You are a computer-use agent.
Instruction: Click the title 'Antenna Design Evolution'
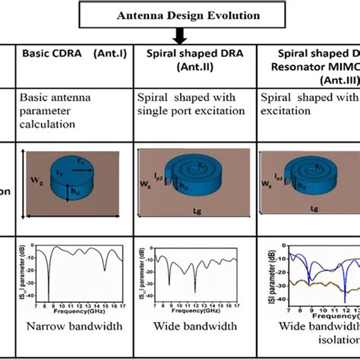(x=179, y=14)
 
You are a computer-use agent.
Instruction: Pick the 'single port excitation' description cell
(x=187, y=110)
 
